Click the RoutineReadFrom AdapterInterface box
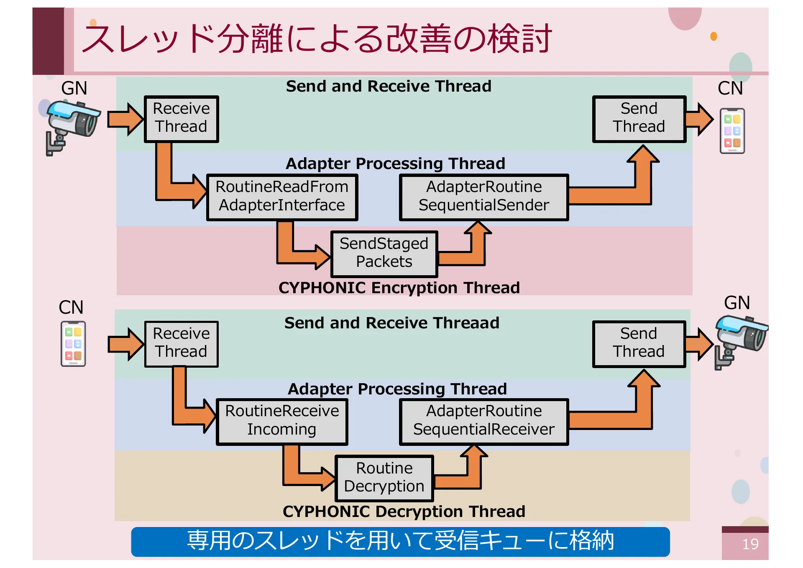282,197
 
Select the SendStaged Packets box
384,253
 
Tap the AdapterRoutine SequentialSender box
483,197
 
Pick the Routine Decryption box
384,478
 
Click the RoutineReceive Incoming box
281,421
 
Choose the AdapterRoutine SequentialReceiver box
483,421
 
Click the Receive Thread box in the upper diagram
181,119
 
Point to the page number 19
750,544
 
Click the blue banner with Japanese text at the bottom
400,541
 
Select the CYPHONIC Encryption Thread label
399,288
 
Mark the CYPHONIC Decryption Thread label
404,512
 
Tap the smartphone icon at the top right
732,130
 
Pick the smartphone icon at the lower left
73,343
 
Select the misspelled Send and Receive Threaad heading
391,323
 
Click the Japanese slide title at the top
317,39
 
